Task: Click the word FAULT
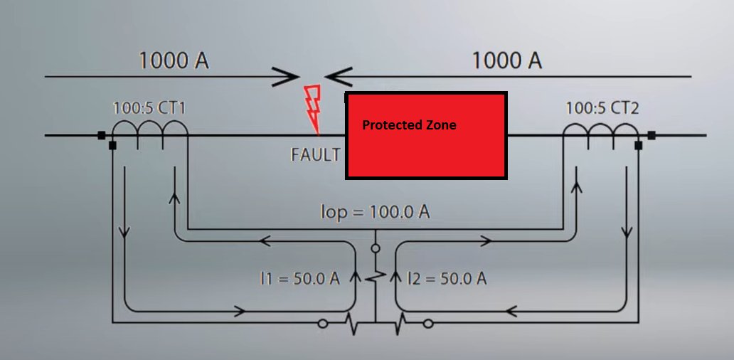click(x=316, y=154)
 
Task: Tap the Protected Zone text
click(x=409, y=125)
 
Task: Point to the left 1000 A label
click(x=174, y=60)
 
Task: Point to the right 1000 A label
click(x=507, y=60)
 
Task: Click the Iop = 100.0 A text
click(x=376, y=212)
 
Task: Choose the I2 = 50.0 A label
click(x=447, y=278)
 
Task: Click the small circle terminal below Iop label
click(x=375, y=249)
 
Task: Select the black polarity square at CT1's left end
click(x=102, y=134)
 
